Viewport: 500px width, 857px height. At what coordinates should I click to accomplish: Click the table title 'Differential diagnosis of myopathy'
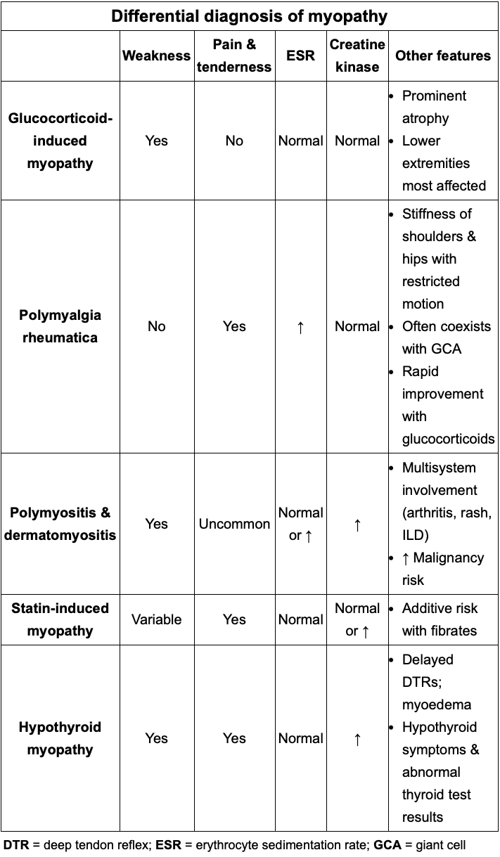click(x=250, y=16)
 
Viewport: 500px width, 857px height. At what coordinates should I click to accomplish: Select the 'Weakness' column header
click(x=156, y=56)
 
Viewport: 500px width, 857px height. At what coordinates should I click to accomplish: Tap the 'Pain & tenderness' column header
click(x=234, y=56)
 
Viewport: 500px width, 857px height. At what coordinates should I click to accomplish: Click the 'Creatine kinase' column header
click(x=357, y=56)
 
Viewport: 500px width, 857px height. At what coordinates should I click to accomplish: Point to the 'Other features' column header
click(x=443, y=56)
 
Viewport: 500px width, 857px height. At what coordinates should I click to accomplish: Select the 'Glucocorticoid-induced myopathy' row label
click(x=60, y=141)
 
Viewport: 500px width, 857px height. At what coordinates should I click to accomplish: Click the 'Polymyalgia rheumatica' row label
click(x=60, y=326)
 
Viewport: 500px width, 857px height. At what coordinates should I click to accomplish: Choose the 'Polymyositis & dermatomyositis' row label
click(x=60, y=524)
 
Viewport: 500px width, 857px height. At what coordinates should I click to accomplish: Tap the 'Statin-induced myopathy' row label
click(x=60, y=619)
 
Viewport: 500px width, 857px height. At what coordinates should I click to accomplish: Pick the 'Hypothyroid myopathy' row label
click(x=60, y=738)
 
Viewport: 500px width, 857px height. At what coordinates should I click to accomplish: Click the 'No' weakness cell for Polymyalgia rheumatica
click(x=156, y=326)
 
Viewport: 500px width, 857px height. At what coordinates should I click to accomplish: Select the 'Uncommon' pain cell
click(x=234, y=524)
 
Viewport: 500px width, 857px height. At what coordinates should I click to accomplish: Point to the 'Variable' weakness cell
click(x=156, y=619)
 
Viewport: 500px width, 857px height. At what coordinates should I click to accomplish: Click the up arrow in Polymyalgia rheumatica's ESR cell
click(x=300, y=327)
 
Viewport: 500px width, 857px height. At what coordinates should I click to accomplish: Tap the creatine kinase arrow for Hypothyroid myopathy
click(x=357, y=739)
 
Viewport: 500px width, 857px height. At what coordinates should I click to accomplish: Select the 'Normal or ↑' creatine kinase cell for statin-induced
click(x=357, y=619)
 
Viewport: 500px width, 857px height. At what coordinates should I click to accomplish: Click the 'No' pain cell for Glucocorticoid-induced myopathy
click(x=234, y=141)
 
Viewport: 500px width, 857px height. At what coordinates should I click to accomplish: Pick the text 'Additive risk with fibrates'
click(x=440, y=619)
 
